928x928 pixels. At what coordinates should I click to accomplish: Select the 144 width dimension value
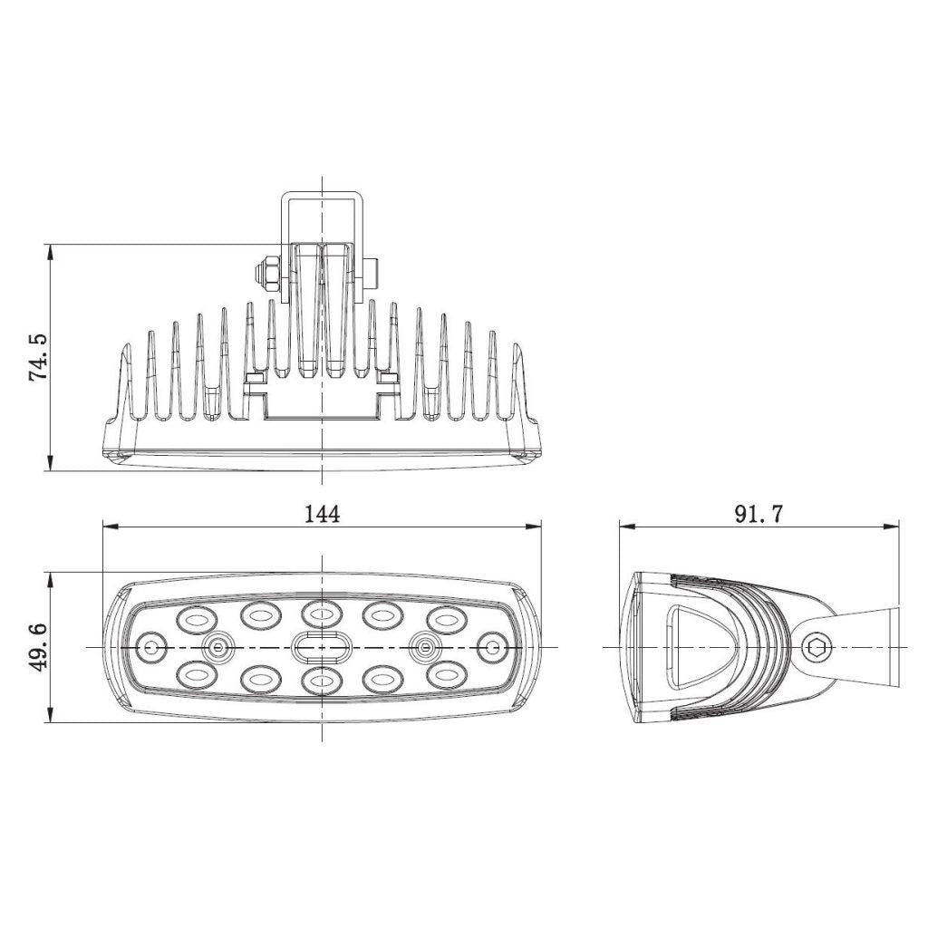pos(321,514)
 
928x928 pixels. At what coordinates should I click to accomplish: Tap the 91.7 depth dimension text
pos(759,514)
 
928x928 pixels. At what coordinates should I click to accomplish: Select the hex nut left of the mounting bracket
pos(268,271)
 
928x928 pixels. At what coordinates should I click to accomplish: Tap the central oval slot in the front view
pos(321,647)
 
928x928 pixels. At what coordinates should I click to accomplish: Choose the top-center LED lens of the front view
pos(321,614)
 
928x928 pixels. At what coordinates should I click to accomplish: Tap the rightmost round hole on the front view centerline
pos(492,647)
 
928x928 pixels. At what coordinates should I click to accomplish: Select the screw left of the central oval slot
pos(217,647)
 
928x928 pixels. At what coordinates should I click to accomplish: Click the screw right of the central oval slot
pos(423,647)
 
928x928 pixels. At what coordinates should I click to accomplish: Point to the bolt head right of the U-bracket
pos(371,271)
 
